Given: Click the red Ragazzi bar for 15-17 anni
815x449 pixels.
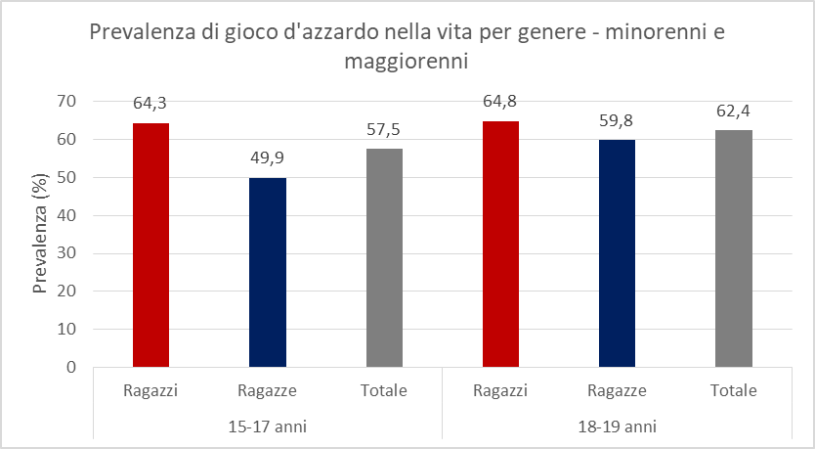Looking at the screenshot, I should coord(150,245).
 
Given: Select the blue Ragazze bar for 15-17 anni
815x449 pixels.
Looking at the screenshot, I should coord(268,272).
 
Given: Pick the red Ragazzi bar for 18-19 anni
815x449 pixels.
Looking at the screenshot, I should coord(500,244).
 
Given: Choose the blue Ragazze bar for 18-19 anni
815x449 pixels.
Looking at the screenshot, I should coord(618,253).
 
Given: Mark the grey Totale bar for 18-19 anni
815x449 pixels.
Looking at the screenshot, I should coord(734,248).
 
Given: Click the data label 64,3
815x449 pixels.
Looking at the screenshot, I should coord(150,103).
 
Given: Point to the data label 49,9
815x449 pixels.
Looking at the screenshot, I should coord(268,157).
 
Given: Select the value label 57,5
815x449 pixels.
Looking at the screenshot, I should coord(384,129).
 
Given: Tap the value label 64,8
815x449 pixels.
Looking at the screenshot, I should coord(500,101).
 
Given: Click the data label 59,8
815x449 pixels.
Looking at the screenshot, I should coord(618,120).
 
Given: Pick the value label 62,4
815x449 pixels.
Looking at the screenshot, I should coord(734,111).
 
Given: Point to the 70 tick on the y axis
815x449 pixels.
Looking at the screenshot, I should coord(66,101).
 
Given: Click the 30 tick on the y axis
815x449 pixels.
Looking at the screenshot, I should coord(66,253).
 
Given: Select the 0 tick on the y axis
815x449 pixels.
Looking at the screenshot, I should coord(71,368).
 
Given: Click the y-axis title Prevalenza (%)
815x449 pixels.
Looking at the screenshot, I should coord(40,234).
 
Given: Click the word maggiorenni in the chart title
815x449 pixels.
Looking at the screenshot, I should coord(407,62).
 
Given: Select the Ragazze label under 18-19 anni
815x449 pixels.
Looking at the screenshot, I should coord(618,391).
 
